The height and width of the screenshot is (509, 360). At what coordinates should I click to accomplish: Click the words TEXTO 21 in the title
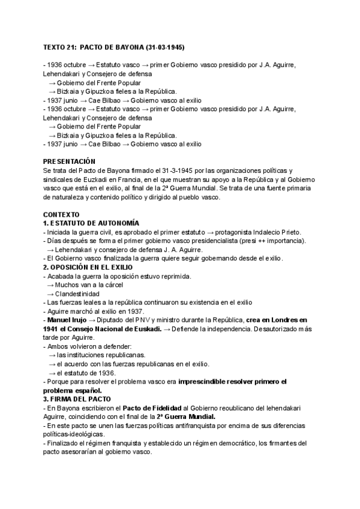59,47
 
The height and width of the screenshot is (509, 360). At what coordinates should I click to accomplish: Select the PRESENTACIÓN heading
70,162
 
